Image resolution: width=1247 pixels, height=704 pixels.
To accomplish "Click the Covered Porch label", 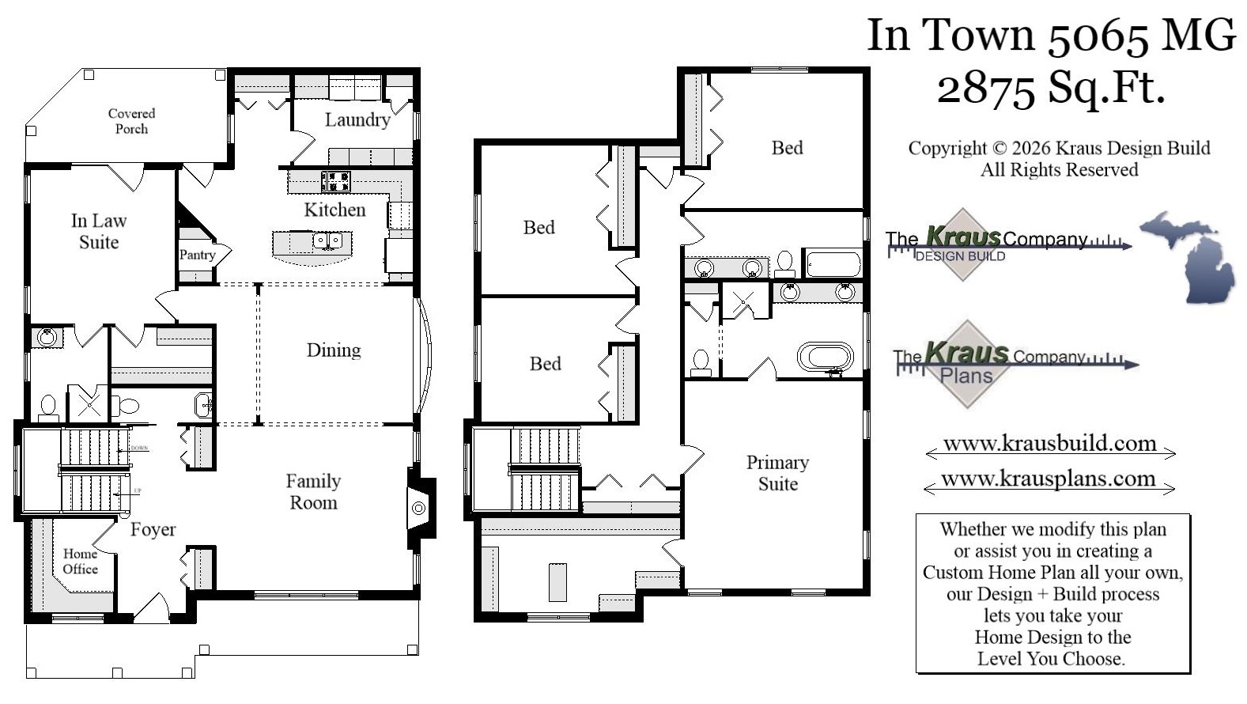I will (x=131, y=121).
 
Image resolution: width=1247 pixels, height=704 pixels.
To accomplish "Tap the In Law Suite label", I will (x=99, y=231).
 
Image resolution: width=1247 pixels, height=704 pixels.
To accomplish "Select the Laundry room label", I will (x=357, y=119).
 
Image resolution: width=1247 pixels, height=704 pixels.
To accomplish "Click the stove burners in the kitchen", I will (x=336, y=181).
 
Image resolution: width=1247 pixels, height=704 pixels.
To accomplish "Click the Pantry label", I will (x=197, y=255).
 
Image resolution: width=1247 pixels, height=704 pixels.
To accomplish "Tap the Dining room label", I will (x=334, y=350).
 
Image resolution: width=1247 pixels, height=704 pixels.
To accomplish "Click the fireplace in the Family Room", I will (x=418, y=507).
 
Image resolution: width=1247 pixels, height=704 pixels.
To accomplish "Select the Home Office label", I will (x=80, y=561).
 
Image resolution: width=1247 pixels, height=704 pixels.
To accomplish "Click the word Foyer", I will (x=153, y=529).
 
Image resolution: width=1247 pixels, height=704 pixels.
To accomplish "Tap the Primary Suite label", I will (x=777, y=472).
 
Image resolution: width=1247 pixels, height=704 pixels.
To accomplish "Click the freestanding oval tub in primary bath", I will (x=825, y=357).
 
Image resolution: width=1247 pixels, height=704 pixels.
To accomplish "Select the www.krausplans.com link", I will (x=1049, y=479).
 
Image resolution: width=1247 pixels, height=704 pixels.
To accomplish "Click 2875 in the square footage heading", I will (x=984, y=89).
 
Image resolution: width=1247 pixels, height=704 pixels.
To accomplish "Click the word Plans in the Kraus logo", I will (x=966, y=376).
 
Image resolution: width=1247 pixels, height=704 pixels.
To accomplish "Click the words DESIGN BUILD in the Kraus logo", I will (x=960, y=256).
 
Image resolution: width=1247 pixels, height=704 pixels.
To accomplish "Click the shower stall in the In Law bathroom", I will (x=88, y=403).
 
